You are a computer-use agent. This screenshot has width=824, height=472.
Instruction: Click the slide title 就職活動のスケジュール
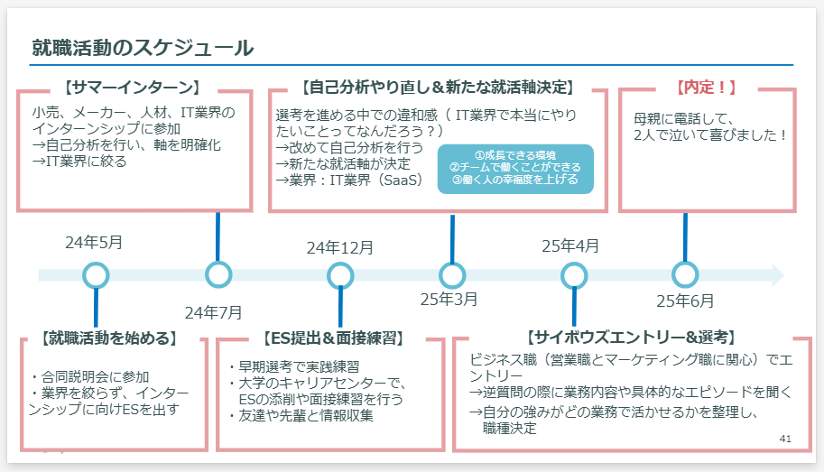pyautogui.click(x=142, y=47)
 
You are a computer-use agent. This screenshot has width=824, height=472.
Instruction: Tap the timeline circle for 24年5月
pyautogui.click(x=95, y=275)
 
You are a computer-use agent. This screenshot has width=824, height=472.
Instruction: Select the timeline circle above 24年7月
pyautogui.click(x=218, y=274)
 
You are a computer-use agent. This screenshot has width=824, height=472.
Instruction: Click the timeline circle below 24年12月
pyautogui.click(x=340, y=275)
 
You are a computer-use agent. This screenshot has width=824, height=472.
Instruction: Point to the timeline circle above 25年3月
pyautogui.click(x=451, y=275)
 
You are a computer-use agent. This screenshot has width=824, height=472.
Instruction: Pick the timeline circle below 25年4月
pyautogui.click(x=574, y=275)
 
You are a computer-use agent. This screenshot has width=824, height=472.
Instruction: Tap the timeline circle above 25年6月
pyautogui.click(x=685, y=274)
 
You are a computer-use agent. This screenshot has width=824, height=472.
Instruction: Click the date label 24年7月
pyautogui.click(x=214, y=312)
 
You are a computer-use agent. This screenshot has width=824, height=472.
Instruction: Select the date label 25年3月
pyautogui.click(x=449, y=299)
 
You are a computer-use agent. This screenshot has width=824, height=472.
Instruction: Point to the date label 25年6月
pyautogui.click(x=685, y=301)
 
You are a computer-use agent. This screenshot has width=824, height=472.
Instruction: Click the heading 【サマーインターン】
pyautogui.click(x=132, y=88)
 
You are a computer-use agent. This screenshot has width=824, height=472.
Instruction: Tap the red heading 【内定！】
pyautogui.click(x=706, y=88)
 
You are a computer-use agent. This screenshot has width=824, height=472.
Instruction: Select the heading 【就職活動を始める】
pyautogui.click(x=108, y=338)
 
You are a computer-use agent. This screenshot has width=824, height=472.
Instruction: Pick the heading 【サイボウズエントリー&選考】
pyautogui.click(x=630, y=338)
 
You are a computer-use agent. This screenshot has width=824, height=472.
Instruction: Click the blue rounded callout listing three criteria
pyautogui.click(x=515, y=168)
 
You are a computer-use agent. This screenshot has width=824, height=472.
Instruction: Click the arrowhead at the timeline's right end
pyautogui.click(x=775, y=275)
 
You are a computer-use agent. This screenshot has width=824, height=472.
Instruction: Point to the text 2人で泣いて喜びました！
pyautogui.click(x=711, y=135)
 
